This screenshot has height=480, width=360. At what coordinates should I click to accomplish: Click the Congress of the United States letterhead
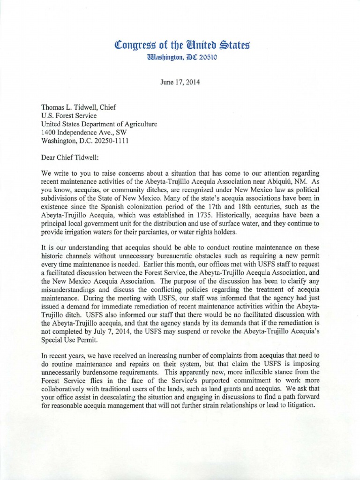pos(180,45)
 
